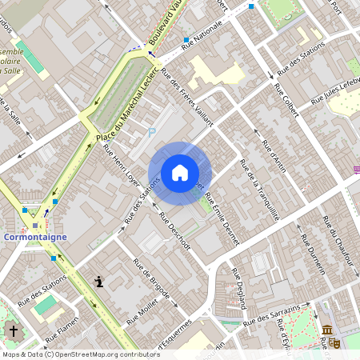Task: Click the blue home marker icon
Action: (180, 173)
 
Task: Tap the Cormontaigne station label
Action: (34, 238)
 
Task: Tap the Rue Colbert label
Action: (286, 100)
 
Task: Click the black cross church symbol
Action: (12, 330)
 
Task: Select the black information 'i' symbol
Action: (99, 281)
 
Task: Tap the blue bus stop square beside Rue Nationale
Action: (186, 39)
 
